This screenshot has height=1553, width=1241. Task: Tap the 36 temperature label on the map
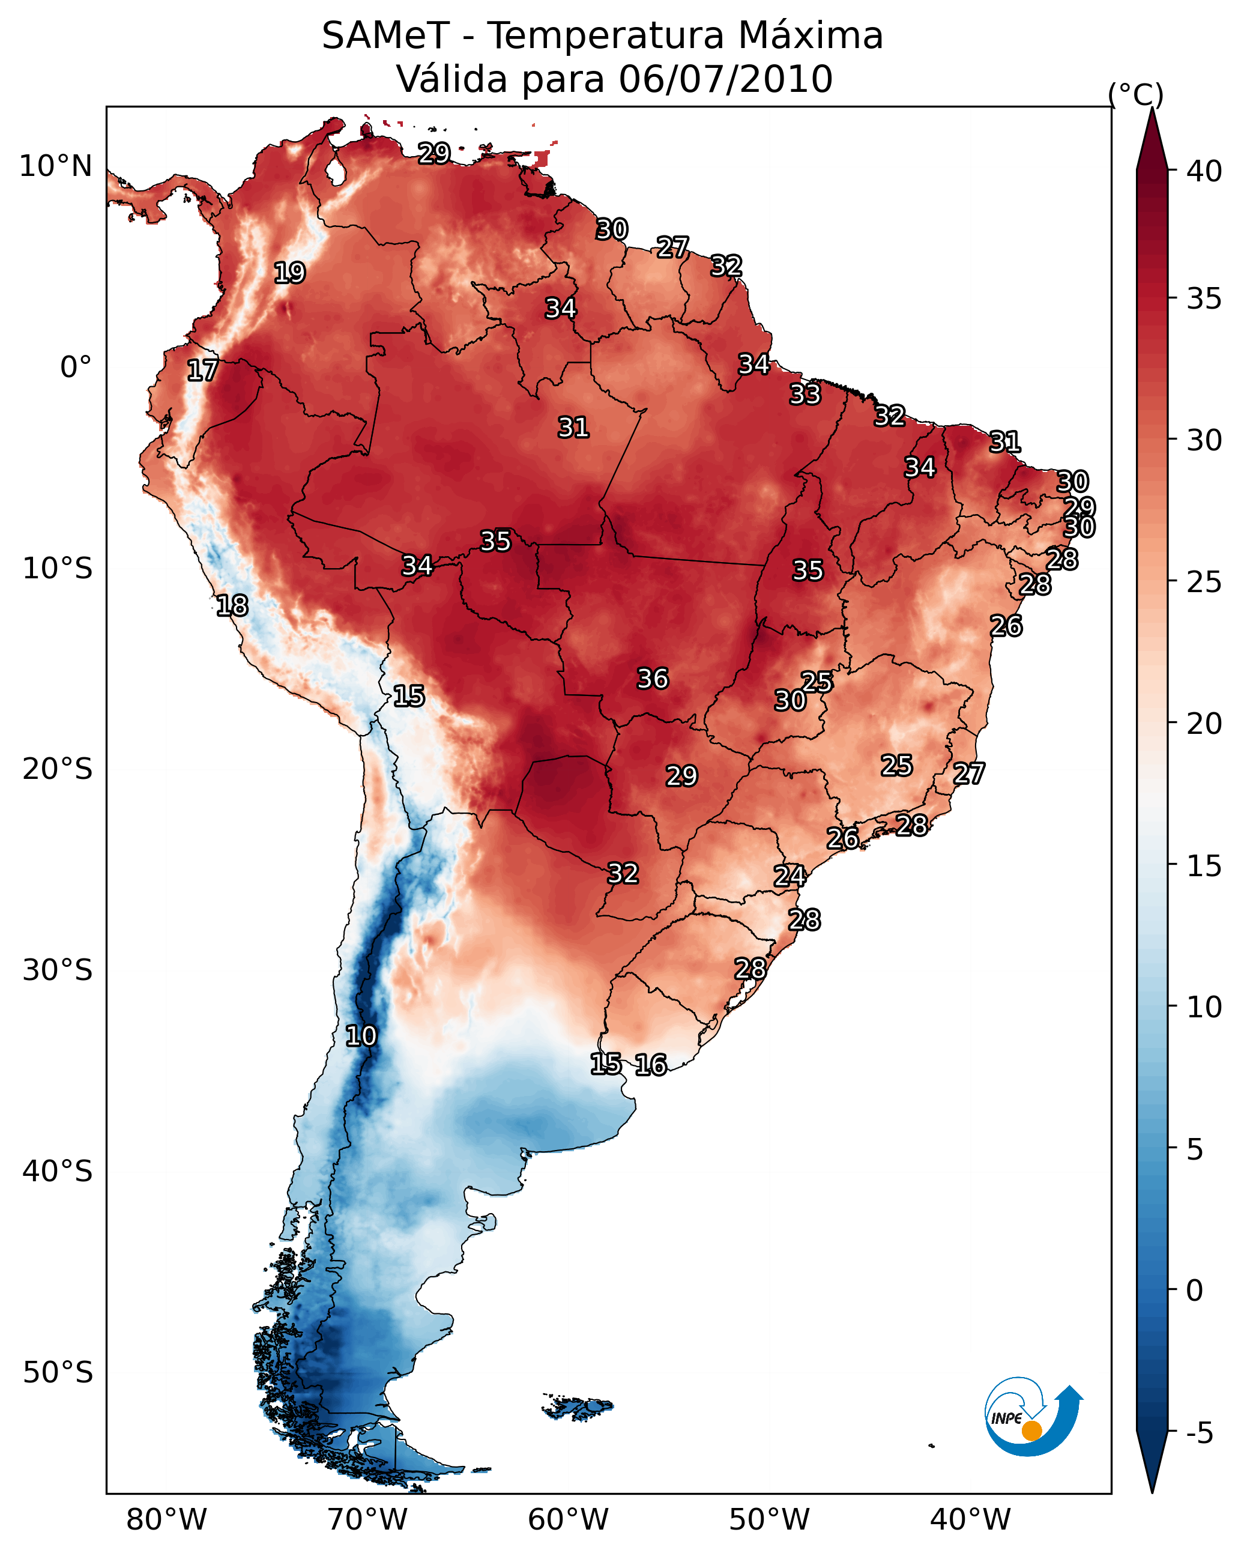tap(653, 679)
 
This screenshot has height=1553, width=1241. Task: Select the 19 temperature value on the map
tap(289, 273)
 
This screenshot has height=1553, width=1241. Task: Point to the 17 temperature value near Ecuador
tap(202, 371)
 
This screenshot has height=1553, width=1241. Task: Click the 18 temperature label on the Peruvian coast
tap(232, 606)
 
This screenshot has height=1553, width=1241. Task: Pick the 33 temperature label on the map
tap(805, 395)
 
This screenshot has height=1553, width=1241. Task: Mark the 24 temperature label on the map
tap(790, 876)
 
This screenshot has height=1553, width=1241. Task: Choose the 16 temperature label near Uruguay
tap(650, 1065)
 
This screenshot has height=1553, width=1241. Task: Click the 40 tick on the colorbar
tap(1204, 171)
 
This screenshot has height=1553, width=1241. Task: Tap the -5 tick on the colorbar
tap(1199, 1433)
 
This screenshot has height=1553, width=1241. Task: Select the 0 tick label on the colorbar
tap(1194, 1291)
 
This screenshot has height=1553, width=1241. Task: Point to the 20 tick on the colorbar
tap(1204, 723)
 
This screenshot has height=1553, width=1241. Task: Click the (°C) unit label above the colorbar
tap(1136, 94)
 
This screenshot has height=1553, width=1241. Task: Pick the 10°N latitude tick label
tap(55, 166)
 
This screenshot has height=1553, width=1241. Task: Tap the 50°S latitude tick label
tap(58, 1373)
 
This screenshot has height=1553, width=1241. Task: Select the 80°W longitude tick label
tap(166, 1520)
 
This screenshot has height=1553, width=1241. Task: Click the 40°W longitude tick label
tap(970, 1520)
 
